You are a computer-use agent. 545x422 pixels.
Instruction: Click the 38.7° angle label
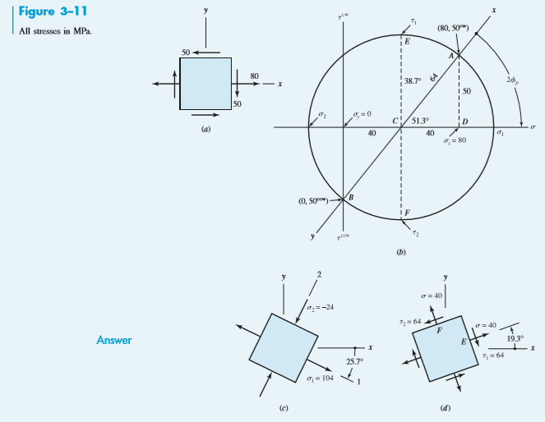(x=414, y=80)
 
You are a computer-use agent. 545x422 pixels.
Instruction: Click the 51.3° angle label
(x=421, y=120)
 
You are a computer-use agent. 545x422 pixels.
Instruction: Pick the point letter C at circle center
(x=395, y=121)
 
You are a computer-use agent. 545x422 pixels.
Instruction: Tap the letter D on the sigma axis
(x=465, y=121)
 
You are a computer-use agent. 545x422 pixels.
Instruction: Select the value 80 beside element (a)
(x=255, y=76)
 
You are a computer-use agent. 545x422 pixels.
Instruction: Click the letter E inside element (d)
(x=464, y=341)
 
